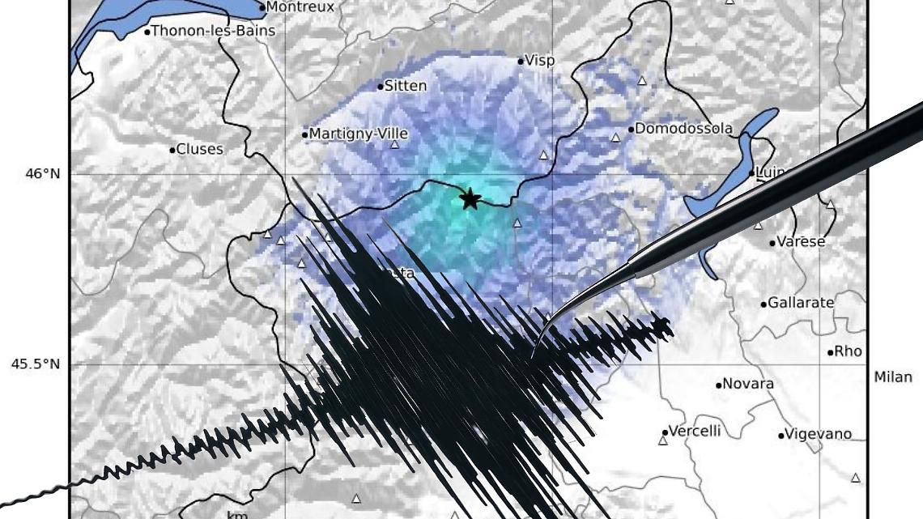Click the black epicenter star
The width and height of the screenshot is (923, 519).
tap(470, 198)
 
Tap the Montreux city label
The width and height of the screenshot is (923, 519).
tap(300, 7)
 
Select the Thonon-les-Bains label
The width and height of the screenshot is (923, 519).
tap(213, 32)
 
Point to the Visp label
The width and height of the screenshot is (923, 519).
tap(540, 61)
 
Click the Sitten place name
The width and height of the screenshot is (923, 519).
tap(405, 86)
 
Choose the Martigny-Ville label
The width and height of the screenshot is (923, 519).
tap(359, 134)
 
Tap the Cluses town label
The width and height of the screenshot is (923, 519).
tap(199, 150)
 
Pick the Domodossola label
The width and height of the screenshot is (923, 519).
tap(683, 129)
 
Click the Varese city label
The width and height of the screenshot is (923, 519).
tap(801, 241)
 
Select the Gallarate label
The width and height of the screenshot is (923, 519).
tap(800, 303)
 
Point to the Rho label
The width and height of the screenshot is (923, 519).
tap(848, 351)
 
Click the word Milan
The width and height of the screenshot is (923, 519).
tap(893, 377)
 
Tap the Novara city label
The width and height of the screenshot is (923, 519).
tap(747, 384)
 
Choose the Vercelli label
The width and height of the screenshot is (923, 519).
tap(695, 431)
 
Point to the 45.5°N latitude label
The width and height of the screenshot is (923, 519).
tap(35, 364)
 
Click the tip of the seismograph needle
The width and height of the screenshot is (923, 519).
tap(532, 356)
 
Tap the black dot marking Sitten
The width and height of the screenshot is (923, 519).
tap(380, 87)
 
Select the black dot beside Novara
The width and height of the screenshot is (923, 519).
tap(718, 385)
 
